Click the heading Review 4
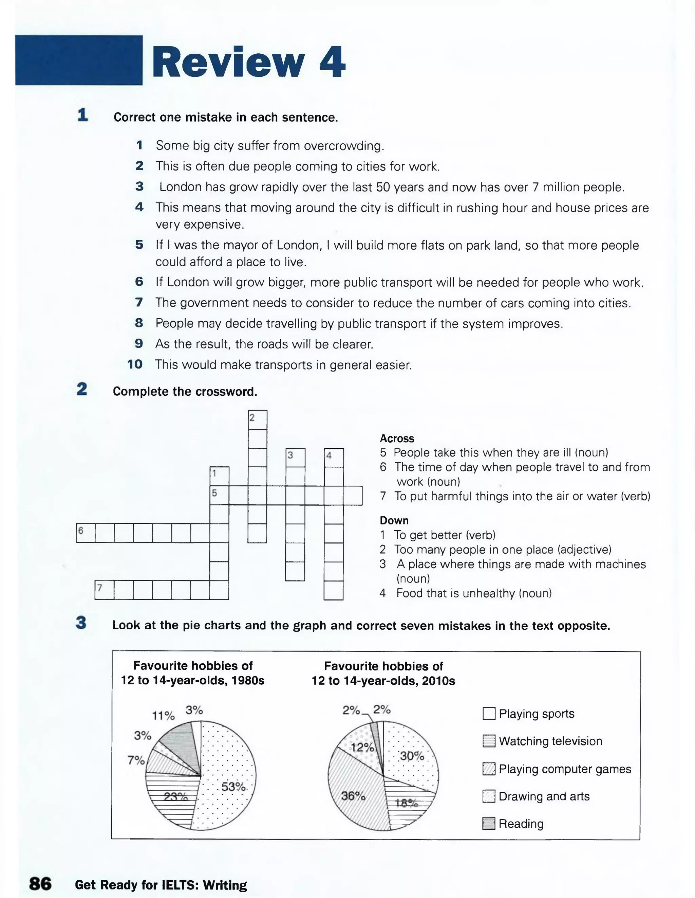click(248, 62)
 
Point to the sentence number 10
click(135, 364)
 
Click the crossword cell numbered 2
click(258, 419)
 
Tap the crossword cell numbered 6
click(86, 533)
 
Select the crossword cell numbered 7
click(104, 590)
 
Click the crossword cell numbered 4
click(334, 457)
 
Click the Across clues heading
click(397, 438)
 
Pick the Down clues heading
click(394, 521)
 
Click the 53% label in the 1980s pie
click(233, 787)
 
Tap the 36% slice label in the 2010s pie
click(353, 796)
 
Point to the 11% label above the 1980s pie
click(164, 716)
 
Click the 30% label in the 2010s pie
click(412, 756)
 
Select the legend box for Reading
click(488, 824)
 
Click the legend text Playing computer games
click(565, 769)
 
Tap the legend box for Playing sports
click(489, 713)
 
